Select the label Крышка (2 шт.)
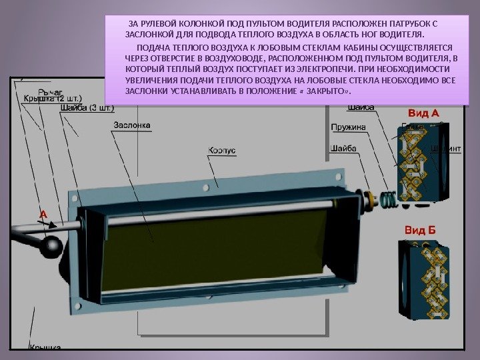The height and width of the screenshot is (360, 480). [x=53, y=99]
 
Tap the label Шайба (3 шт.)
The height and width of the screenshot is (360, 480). [x=87, y=108]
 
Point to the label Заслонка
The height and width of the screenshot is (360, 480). [x=131, y=125]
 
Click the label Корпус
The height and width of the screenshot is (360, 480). [x=222, y=151]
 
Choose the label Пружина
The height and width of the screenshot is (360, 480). [x=348, y=127]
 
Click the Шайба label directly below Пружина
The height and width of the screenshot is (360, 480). [x=343, y=149]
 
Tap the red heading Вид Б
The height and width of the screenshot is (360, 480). [x=420, y=231]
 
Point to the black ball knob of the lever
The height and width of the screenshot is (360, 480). [x=51, y=249]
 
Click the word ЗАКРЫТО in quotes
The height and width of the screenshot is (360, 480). [x=327, y=91]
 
